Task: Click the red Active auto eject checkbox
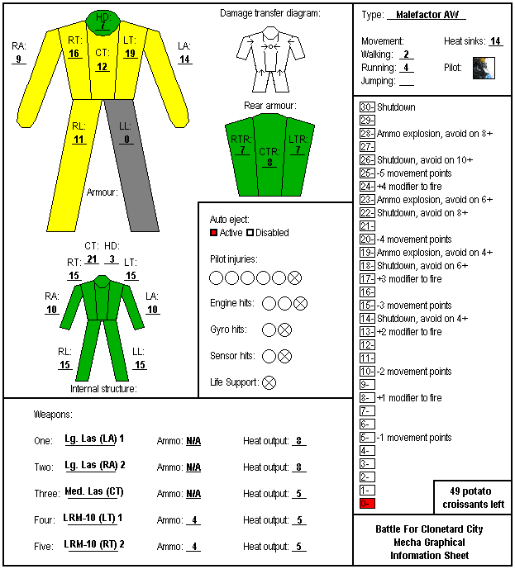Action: point(213,233)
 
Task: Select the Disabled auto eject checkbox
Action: point(250,233)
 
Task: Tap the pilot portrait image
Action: point(484,68)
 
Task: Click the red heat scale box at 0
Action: point(367,503)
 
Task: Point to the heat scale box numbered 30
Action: point(367,107)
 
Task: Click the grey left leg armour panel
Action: point(131,165)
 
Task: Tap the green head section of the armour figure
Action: point(103,22)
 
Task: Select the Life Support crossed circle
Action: point(269,382)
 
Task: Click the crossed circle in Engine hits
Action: point(300,303)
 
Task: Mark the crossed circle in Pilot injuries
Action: point(294,278)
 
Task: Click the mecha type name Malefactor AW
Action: point(427,15)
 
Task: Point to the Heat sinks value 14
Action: point(495,41)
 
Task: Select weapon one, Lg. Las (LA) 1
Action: point(94,439)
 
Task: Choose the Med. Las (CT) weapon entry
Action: point(94,491)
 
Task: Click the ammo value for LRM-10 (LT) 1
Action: point(194,520)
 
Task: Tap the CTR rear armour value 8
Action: point(269,162)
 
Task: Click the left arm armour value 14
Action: point(184,59)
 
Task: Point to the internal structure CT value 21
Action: point(92,259)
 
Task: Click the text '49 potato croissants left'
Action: point(473,497)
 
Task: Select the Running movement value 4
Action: point(406,68)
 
